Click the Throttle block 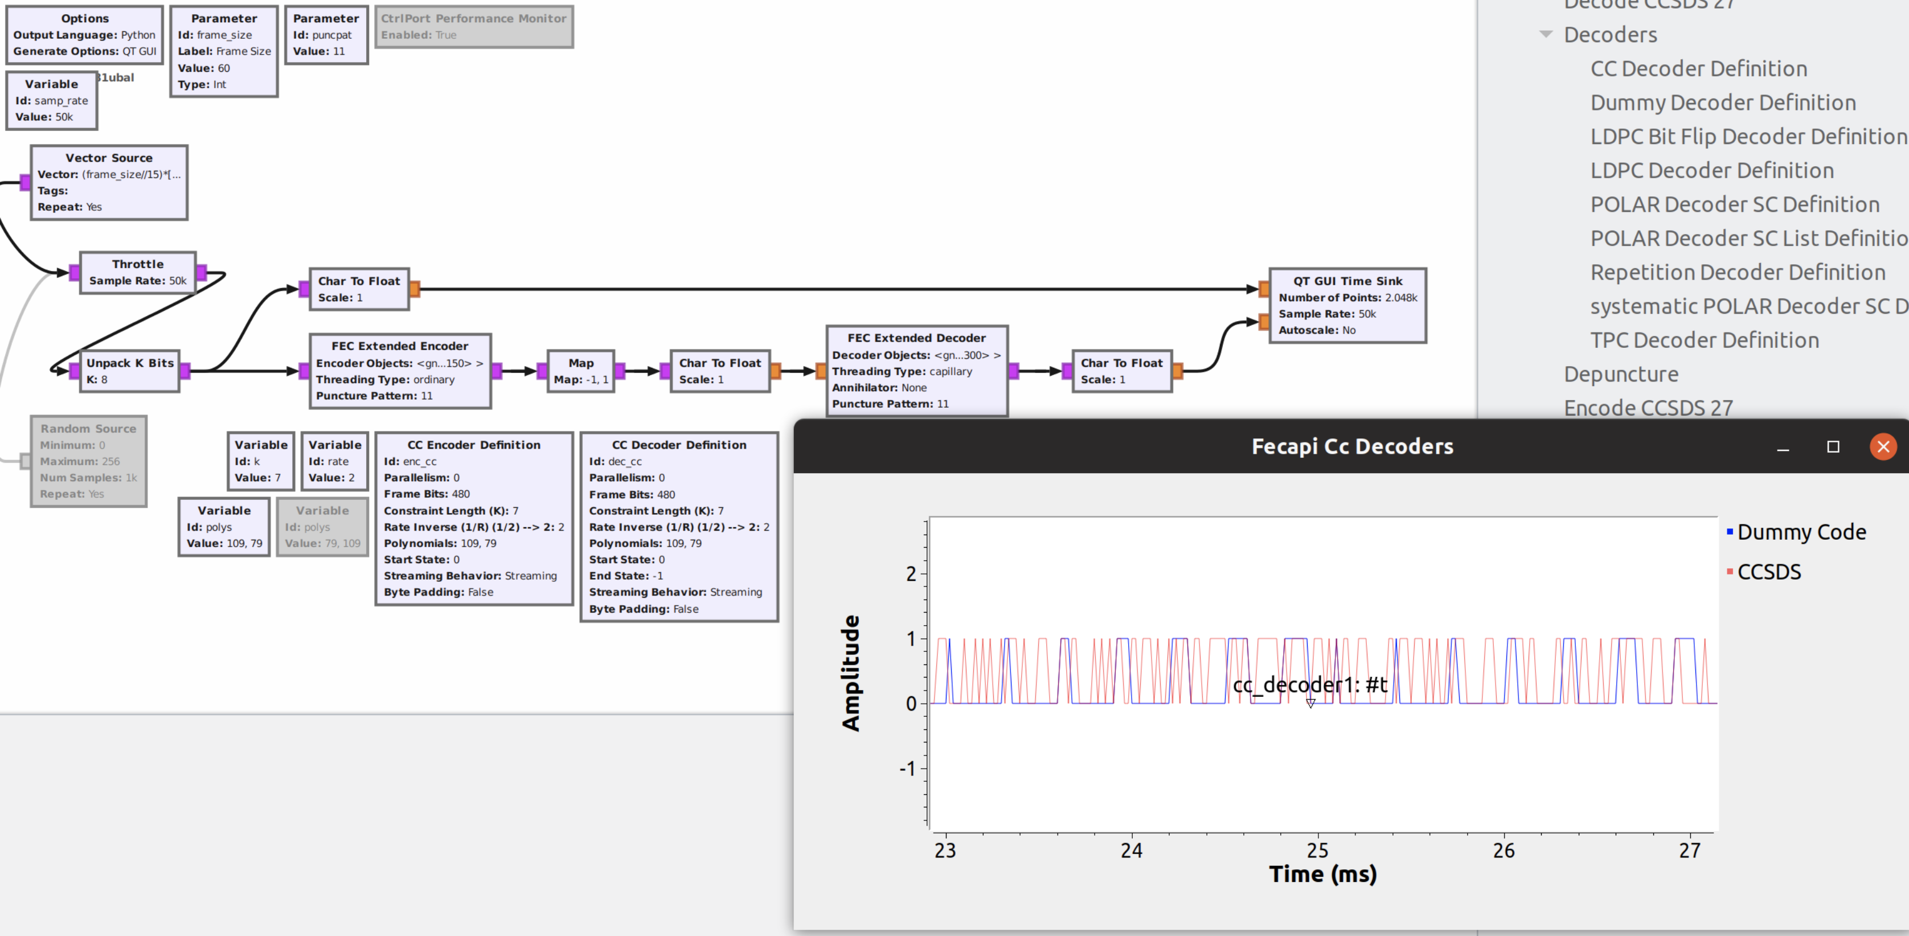(138, 272)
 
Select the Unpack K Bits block (130, 371)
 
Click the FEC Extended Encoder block (399, 371)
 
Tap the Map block (580, 371)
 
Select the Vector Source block (109, 182)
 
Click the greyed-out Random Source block (88, 461)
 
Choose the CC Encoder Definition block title (473, 445)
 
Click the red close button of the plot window (1882, 446)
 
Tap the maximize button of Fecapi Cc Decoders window (1833, 446)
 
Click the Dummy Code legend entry (1800, 532)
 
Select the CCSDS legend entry (1768, 572)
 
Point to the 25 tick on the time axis (1317, 850)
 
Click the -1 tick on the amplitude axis (907, 769)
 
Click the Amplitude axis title (851, 673)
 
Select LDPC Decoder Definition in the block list (1711, 170)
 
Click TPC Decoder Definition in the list (1704, 340)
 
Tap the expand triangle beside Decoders (1545, 34)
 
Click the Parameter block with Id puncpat (326, 35)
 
